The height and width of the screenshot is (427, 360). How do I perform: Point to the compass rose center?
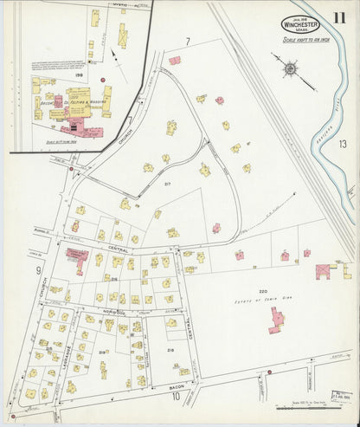pyautogui.click(x=290, y=66)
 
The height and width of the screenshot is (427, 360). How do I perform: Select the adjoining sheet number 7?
pyautogui.click(x=187, y=42)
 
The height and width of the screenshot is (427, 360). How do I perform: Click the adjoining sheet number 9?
pyautogui.click(x=38, y=271)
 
